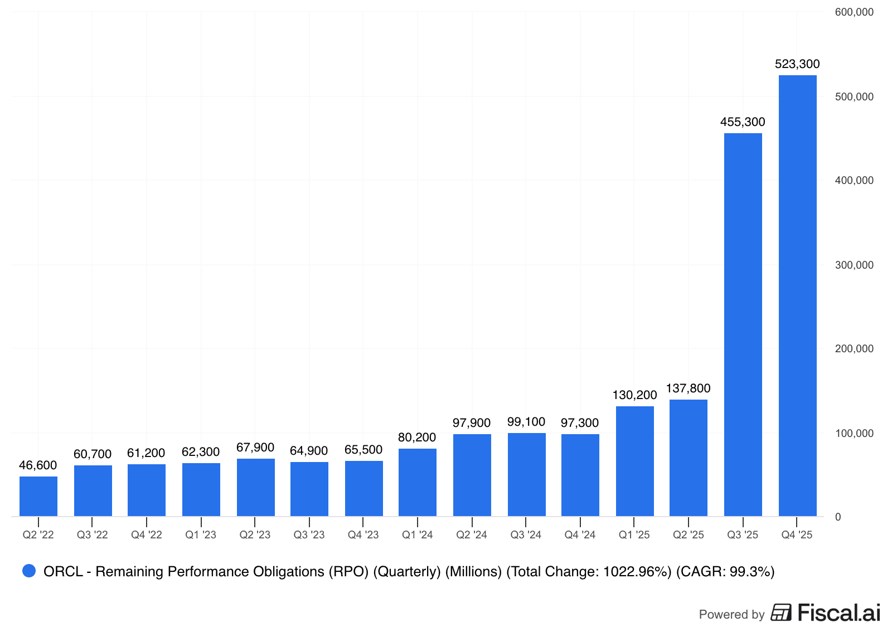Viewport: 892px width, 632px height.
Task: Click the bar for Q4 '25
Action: point(797,295)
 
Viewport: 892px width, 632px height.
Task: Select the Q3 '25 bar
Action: point(743,324)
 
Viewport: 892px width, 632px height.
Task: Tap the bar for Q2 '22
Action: point(38,496)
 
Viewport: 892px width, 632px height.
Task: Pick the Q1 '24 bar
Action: point(418,482)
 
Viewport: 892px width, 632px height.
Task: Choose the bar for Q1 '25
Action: point(634,461)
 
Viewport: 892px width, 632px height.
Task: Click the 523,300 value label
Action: point(797,64)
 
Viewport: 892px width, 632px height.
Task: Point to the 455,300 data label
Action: point(743,122)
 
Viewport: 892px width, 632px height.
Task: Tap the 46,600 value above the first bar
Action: point(38,465)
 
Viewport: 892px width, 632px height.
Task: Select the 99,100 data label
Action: point(526,422)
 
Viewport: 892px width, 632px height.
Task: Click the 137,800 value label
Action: point(688,388)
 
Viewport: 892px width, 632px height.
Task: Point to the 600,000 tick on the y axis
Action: point(854,12)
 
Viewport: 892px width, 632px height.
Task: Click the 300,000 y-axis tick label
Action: point(854,265)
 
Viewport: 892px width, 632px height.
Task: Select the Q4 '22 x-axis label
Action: point(147,535)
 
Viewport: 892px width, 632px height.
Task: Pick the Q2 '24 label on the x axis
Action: point(472,535)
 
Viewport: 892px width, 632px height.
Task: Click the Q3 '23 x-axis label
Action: point(309,535)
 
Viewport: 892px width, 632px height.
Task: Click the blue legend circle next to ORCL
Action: point(29,571)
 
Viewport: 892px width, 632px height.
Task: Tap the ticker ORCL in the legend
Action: point(63,572)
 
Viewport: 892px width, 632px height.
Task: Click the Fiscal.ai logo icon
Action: point(781,612)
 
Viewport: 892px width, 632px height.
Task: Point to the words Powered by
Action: point(731,615)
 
